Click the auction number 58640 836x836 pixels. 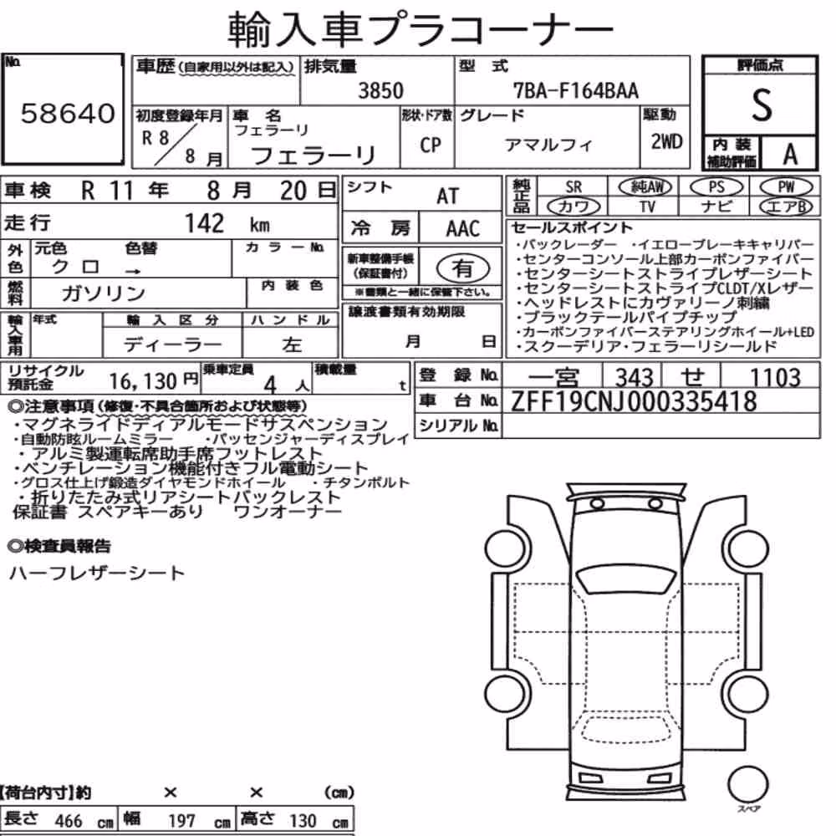tap(68, 114)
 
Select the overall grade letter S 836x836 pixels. tap(762, 105)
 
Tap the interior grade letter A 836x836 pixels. tap(790, 155)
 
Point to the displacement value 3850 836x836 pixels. tap(380, 90)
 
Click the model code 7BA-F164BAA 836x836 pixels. tap(576, 90)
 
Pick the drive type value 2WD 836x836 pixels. tap(666, 141)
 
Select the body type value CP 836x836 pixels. tap(431, 145)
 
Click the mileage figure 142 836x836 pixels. tap(204, 223)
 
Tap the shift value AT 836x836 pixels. tap(447, 196)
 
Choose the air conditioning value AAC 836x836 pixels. tap(463, 229)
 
